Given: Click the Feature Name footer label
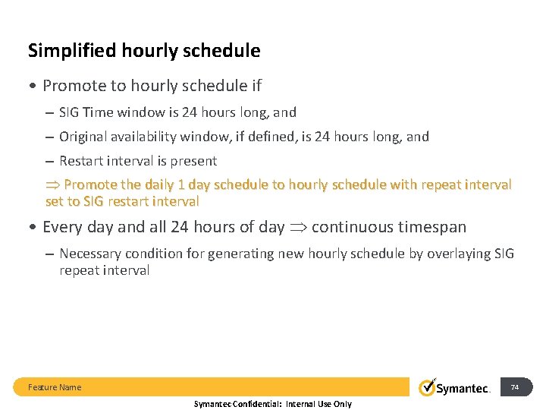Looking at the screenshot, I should [x=55, y=387].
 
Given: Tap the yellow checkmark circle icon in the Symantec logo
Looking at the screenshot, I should [x=428, y=386].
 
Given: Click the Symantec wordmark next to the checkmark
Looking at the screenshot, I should [x=464, y=389].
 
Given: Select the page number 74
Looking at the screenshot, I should [x=515, y=387].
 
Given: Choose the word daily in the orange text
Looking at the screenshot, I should [x=155, y=184].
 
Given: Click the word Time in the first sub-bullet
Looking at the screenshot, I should [x=97, y=112].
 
